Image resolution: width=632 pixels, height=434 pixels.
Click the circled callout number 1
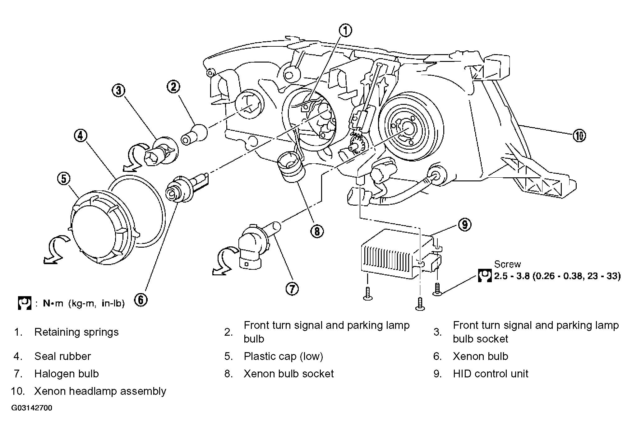click(345, 30)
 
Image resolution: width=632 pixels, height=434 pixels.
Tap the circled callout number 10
click(579, 136)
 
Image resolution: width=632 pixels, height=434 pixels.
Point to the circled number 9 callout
click(465, 224)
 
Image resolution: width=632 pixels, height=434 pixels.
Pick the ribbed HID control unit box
click(401, 254)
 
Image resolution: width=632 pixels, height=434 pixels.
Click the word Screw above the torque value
click(507, 264)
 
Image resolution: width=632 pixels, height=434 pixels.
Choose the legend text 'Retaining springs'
click(76, 332)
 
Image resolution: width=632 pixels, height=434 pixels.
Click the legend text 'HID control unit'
click(491, 374)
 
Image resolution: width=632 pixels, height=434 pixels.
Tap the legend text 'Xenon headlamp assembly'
click(100, 391)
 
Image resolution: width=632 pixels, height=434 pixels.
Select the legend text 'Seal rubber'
click(62, 356)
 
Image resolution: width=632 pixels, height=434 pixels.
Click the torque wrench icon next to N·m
click(25, 303)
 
